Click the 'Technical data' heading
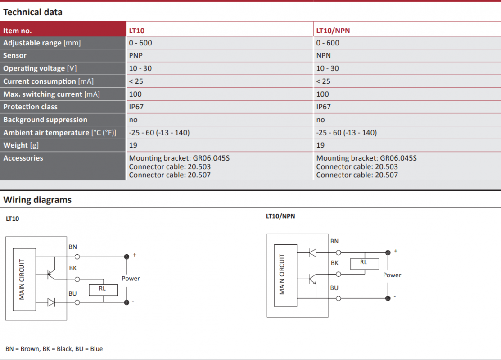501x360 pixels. [x=32, y=12]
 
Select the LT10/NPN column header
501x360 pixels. [x=333, y=31]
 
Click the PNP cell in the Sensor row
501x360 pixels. [x=136, y=55]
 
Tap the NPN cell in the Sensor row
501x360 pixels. [x=323, y=55]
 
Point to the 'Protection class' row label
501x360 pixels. [x=30, y=107]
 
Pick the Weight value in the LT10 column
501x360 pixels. [x=133, y=145]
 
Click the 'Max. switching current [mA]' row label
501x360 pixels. [x=51, y=94]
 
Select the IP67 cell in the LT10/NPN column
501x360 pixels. [x=323, y=107]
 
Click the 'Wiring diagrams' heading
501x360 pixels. [x=37, y=200]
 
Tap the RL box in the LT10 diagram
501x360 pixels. [x=103, y=290]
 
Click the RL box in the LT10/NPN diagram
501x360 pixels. [x=365, y=264]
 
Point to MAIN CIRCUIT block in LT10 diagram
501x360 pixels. [x=24, y=279]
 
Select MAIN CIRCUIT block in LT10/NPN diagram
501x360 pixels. [x=286, y=275]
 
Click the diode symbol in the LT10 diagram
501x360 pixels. [x=51, y=302]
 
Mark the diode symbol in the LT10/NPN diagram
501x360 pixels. [x=312, y=252]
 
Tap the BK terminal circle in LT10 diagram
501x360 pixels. [x=77, y=279]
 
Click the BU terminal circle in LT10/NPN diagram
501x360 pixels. [x=339, y=298]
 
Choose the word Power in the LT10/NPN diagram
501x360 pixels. [x=392, y=275]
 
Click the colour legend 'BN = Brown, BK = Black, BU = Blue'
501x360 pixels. [x=54, y=349]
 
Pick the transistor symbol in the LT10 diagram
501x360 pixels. [x=51, y=274]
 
